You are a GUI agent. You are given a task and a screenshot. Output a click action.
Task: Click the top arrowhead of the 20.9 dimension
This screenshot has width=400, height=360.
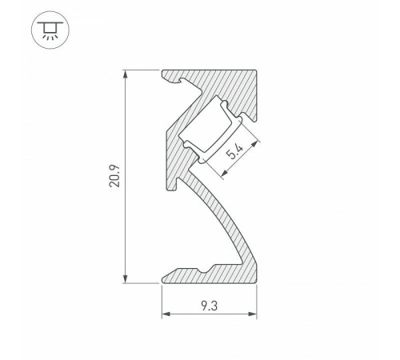click(126, 74)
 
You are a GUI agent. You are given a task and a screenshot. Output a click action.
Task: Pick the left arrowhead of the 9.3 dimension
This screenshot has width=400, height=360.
click(166, 313)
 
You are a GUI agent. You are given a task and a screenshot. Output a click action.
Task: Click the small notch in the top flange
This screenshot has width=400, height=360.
click(189, 84)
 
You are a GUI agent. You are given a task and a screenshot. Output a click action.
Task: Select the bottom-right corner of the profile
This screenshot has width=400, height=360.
click(255, 282)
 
